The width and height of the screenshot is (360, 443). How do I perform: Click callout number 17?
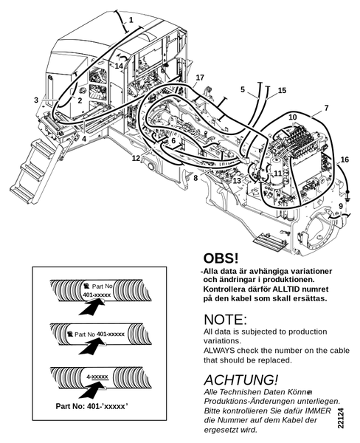click(x=200, y=78)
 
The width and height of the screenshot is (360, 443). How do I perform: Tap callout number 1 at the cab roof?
click(x=131, y=20)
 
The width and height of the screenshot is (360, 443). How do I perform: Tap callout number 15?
click(x=282, y=90)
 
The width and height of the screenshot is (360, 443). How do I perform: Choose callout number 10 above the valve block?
click(x=293, y=117)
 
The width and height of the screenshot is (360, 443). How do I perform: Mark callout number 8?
click(x=195, y=179)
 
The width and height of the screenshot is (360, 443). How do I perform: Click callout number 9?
click(x=341, y=206)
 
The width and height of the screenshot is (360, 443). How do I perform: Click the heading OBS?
click(x=221, y=258)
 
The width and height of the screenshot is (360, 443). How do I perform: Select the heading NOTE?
click(x=225, y=320)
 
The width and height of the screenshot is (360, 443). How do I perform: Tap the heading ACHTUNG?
click(x=240, y=380)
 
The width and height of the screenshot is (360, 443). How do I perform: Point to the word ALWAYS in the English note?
click(x=219, y=351)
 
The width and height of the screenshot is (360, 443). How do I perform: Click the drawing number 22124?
click(x=341, y=418)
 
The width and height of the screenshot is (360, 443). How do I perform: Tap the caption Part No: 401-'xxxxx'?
click(x=91, y=406)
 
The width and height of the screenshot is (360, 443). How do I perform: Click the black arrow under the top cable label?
click(x=91, y=307)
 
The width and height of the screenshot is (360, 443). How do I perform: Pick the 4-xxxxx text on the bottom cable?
click(x=97, y=377)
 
